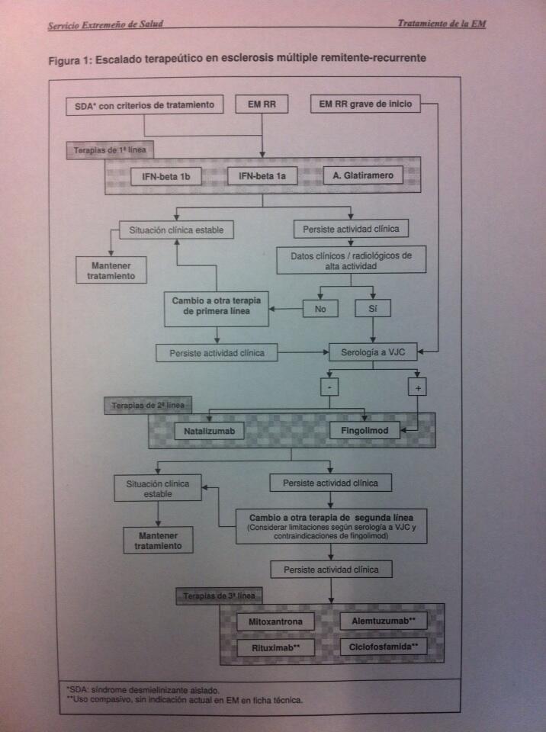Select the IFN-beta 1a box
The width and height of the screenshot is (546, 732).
pyautogui.click(x=262, y=177)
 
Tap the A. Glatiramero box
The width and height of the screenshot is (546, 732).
pyautogui.click(x=363, y=176)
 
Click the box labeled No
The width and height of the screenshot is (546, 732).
pyautogui.click(x=320, y=309)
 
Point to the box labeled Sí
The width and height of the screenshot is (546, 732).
pyautogui.click(x=372, y=309)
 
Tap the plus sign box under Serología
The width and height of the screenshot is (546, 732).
pyautogui.click(x=418, y=387)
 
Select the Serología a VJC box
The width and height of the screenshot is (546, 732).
pyautogui.click(x=371, y=353)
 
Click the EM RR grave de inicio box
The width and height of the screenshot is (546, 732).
pyautogui.click(x=365, y=104)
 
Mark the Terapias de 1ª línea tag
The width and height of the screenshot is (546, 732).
pyautogui.click(x=110, y=150)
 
